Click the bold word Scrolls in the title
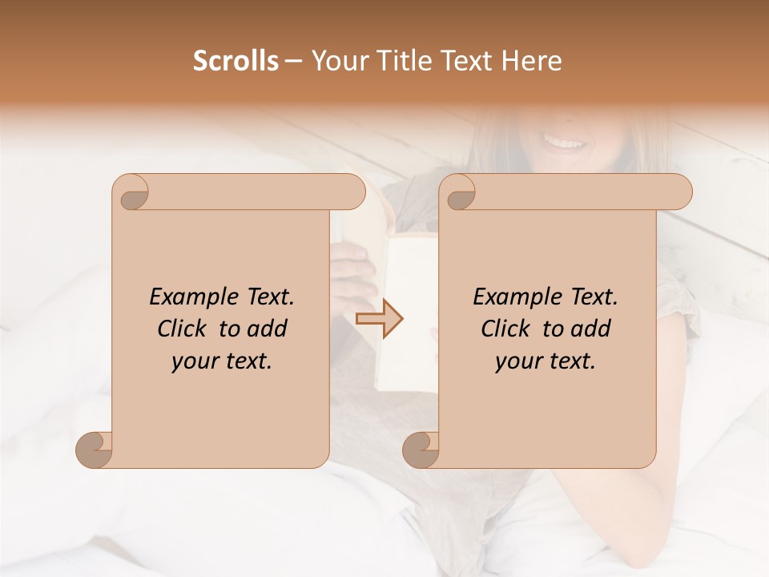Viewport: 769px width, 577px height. click(236, 61)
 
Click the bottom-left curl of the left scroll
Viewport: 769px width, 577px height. click(95, 449)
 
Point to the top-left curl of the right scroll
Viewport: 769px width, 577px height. click(458, 192)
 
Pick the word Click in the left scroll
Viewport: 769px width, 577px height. click(182, 329)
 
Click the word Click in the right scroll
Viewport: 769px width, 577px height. click(505, 329)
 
